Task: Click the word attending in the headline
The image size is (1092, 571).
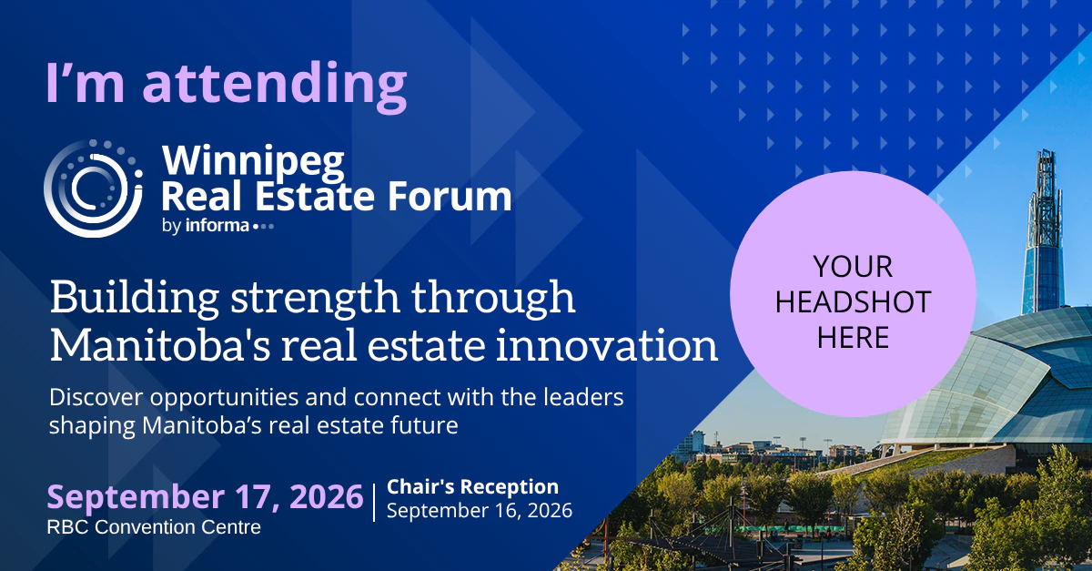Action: coord(275,85)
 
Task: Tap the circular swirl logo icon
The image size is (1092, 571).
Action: coord(93,189)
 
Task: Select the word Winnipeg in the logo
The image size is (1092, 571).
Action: coord(253,162)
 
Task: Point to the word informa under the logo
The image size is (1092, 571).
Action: coord(217,226)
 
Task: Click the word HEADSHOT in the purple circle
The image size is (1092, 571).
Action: coord(854,301)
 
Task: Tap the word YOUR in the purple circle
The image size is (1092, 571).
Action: coord(853,267)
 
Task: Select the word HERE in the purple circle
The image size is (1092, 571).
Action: coord(854,337)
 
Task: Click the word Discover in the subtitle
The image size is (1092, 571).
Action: coord(96,397)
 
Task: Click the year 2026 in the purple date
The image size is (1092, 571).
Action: coord(327,497)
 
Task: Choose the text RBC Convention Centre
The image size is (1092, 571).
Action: coord(154,527)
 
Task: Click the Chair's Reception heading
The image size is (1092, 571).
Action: coord(472,486)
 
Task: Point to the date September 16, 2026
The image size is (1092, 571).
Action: coord(480,511)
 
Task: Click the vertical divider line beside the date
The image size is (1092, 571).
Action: coord(374,503)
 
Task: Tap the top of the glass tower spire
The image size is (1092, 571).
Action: coord(1047,150)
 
